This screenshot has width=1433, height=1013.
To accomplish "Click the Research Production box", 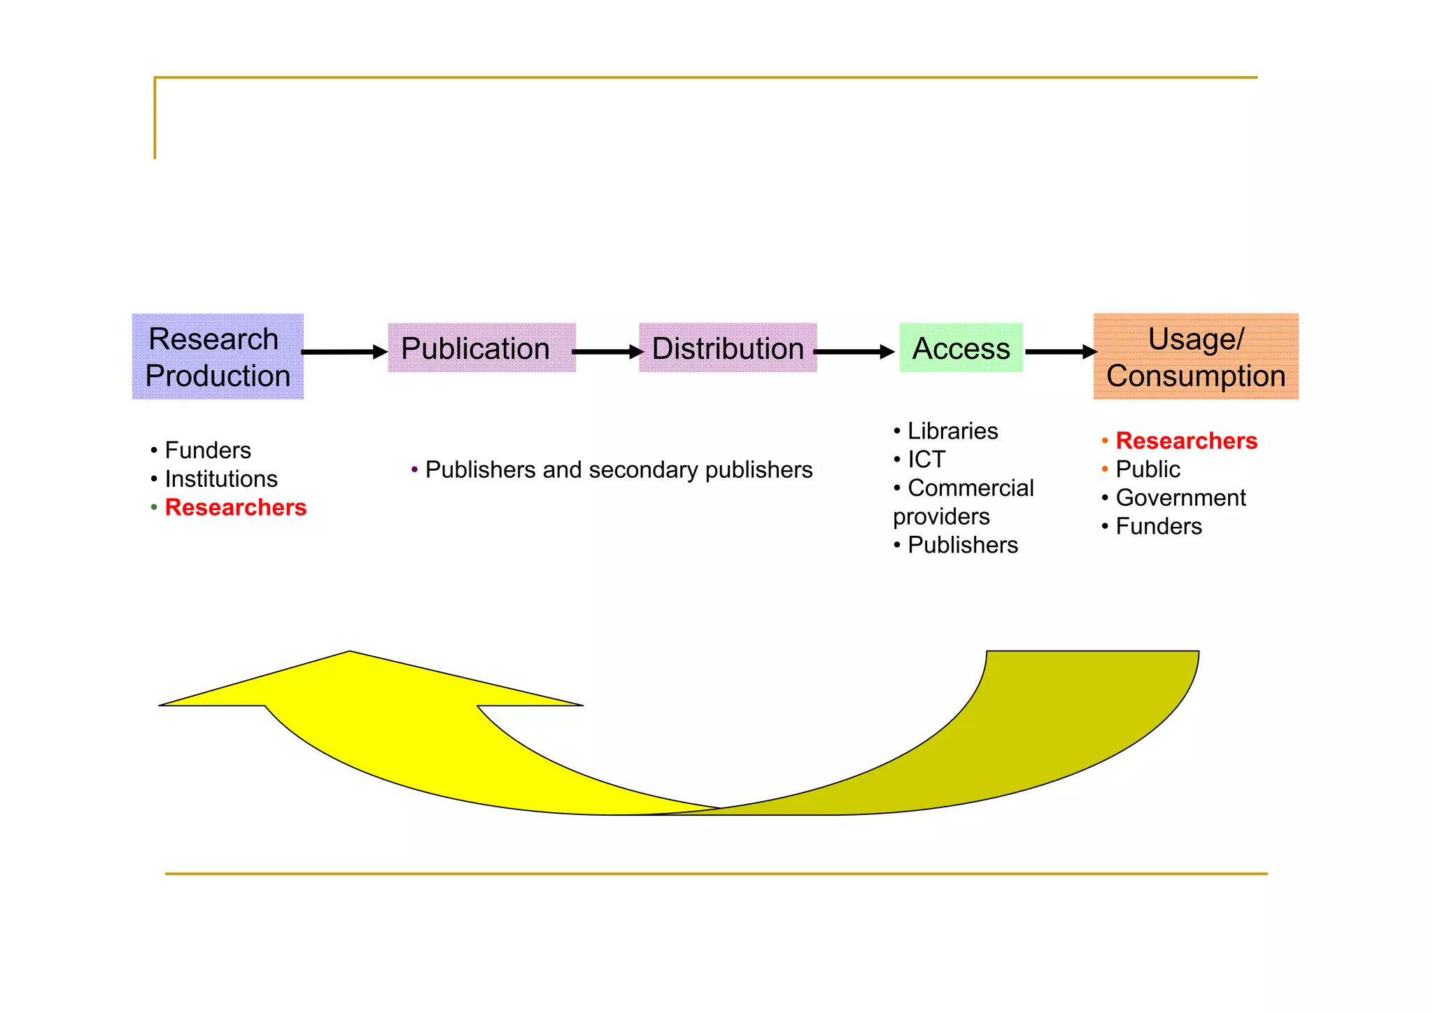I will click(x=218, y=357).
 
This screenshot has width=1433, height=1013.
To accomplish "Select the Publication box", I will click(x=481, y=348).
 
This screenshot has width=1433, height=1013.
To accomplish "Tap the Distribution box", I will click(x=728, y=348).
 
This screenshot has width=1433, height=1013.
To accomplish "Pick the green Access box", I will click(x=961, y=348).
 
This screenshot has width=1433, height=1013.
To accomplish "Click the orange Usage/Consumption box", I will click(x=1195, y=357).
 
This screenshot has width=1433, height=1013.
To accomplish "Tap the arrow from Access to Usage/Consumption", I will click(x=1060, y=352).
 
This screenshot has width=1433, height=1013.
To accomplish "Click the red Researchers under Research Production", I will click(x=236, y=507).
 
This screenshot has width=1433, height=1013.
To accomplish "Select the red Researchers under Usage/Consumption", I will click(x=1186, y=441).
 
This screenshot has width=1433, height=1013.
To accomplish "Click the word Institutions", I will click(x=221, y=479).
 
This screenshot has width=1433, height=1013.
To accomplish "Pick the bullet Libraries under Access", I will click(x=952, y=431).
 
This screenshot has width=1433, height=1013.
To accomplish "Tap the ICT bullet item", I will click(x=926, y=460).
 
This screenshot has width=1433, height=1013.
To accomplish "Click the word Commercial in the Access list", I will click(x=970, y=488).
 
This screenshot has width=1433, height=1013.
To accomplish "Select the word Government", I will click(x=1180, y=498).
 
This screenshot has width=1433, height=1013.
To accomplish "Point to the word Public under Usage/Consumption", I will click(x=1148, y=469).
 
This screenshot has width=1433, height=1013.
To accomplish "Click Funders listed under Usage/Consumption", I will click(x=1159, y=527).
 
